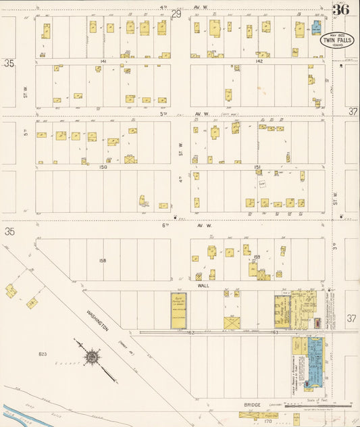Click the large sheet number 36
click(340, 9)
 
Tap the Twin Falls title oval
click(332, 41)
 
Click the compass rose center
click(91, 356)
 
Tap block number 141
click(103, 61)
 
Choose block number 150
click(103, 166)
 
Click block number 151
click(257, 166)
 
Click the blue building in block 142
click(316, 28)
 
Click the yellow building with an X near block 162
click(231, 322)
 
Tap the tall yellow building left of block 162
click(178, 311)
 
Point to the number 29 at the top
click(177, 14)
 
